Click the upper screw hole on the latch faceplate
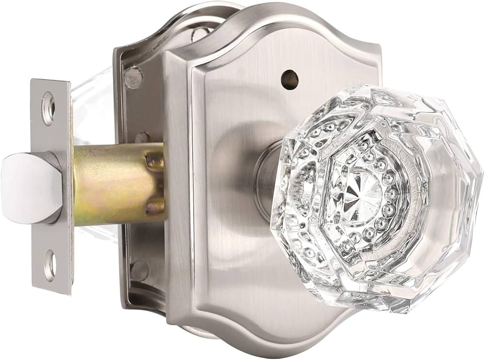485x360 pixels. [x=48, y=103]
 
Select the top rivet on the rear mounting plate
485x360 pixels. [x=134, y=78]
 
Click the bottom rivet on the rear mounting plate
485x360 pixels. [x=139, y=269]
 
